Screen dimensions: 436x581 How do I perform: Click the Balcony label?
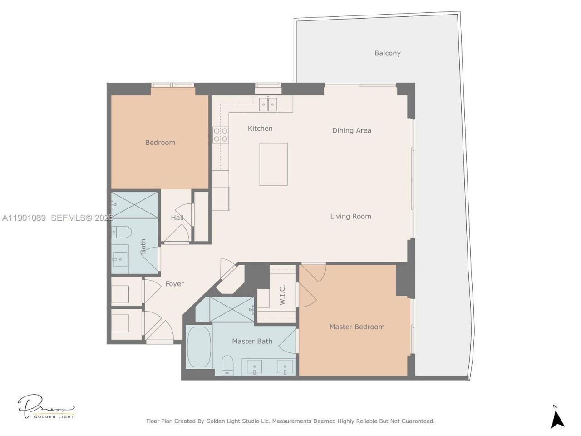387,53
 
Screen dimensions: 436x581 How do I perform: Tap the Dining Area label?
351,130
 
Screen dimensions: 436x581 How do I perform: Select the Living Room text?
350,216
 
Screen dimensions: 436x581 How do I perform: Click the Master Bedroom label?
357,327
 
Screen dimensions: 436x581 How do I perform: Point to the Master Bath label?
252,341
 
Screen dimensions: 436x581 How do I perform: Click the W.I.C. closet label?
282,295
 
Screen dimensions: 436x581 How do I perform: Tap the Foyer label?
174,284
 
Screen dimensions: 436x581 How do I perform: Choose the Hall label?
177,218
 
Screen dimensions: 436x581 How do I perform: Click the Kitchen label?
260,129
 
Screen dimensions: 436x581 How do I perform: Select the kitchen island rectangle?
273,164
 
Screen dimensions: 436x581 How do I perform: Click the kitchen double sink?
268,104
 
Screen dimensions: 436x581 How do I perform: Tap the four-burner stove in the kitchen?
221,135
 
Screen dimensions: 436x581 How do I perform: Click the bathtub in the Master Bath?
199,347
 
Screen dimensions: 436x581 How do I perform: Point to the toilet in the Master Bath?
227,365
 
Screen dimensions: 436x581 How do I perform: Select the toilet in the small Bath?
122,232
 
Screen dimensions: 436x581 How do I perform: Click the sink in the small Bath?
121,259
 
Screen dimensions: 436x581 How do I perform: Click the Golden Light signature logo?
45,407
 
